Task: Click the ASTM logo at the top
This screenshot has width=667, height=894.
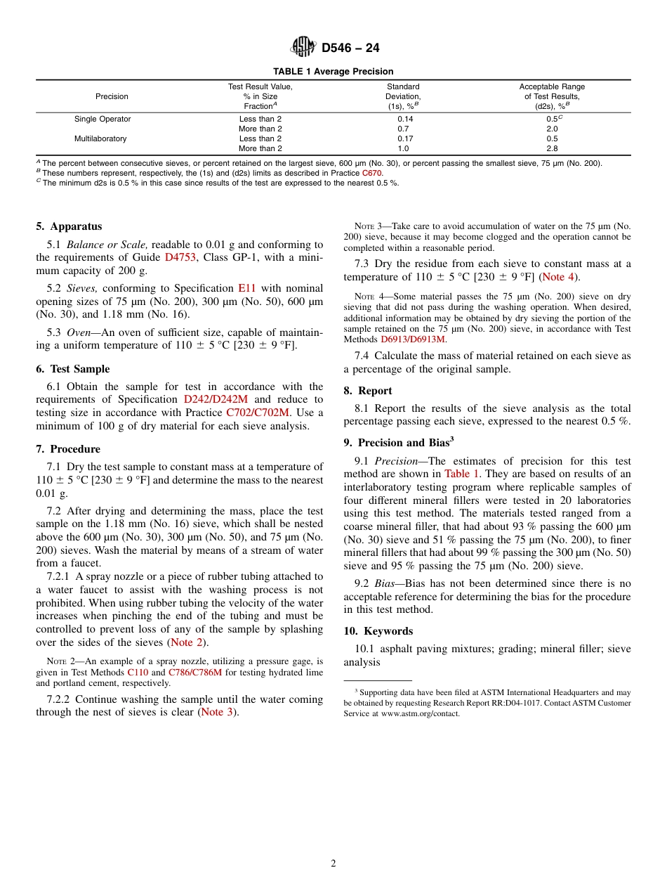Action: (303, 47)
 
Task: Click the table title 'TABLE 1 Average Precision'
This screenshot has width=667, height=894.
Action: (333, 72)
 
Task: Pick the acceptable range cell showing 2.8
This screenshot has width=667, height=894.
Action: (552, 148)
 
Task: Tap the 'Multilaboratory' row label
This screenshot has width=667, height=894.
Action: (100, 138)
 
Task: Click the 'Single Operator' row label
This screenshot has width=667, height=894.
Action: (103, 119)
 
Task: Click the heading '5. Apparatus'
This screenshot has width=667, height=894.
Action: (69, 226)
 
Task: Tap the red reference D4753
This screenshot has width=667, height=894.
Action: (180, 257)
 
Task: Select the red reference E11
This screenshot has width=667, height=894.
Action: (247, 288)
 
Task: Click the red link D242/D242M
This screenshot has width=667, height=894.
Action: (216, 400)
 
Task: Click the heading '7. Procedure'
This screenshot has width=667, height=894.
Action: (68, 449)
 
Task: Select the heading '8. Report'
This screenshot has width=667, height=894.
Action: (368, 391)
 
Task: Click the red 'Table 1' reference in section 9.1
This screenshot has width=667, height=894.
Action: (463, 474)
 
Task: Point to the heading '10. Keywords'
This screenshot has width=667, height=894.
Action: (378, 631)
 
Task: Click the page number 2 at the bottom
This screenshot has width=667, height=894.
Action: (333, 864)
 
